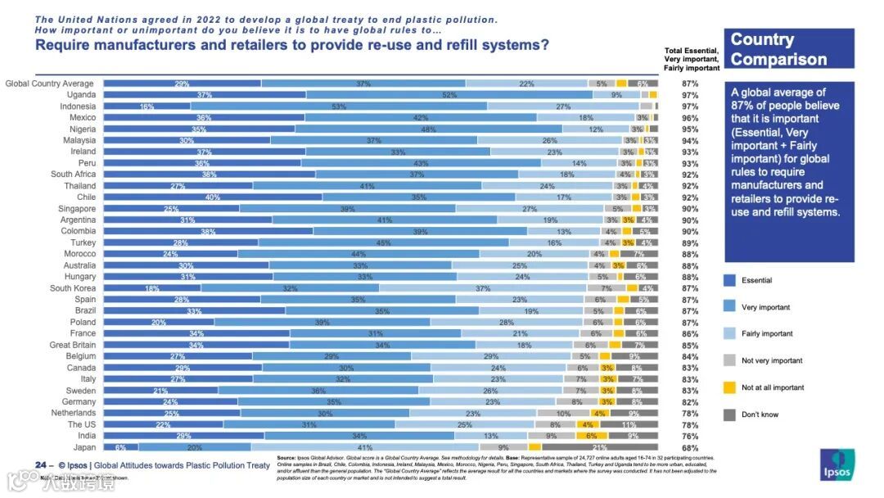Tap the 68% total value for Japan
689,447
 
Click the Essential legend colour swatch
729,280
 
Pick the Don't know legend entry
760,414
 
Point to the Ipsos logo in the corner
841,464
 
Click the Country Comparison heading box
788,49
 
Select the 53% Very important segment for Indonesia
338,106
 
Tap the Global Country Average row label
50,84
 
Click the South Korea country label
73,288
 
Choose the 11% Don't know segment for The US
629,424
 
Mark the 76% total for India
689,436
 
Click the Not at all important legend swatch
729,387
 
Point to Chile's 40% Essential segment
213,197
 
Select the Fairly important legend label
767,333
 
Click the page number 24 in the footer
40,465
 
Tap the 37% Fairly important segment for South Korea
483,288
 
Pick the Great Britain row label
72,345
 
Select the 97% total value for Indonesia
689,106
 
